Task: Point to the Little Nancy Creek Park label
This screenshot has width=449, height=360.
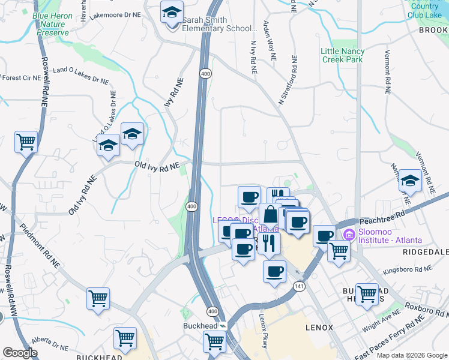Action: (342, 56)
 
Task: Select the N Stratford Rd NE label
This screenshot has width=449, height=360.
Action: (289, 78)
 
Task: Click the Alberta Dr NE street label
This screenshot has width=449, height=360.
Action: (52, 343)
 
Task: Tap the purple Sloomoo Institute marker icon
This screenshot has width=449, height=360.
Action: (348, 233)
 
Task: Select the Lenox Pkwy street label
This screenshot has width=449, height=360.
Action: (263, 331)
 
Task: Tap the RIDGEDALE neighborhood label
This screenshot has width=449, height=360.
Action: (426, 253)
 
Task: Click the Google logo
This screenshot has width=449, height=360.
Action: (20, 353)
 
